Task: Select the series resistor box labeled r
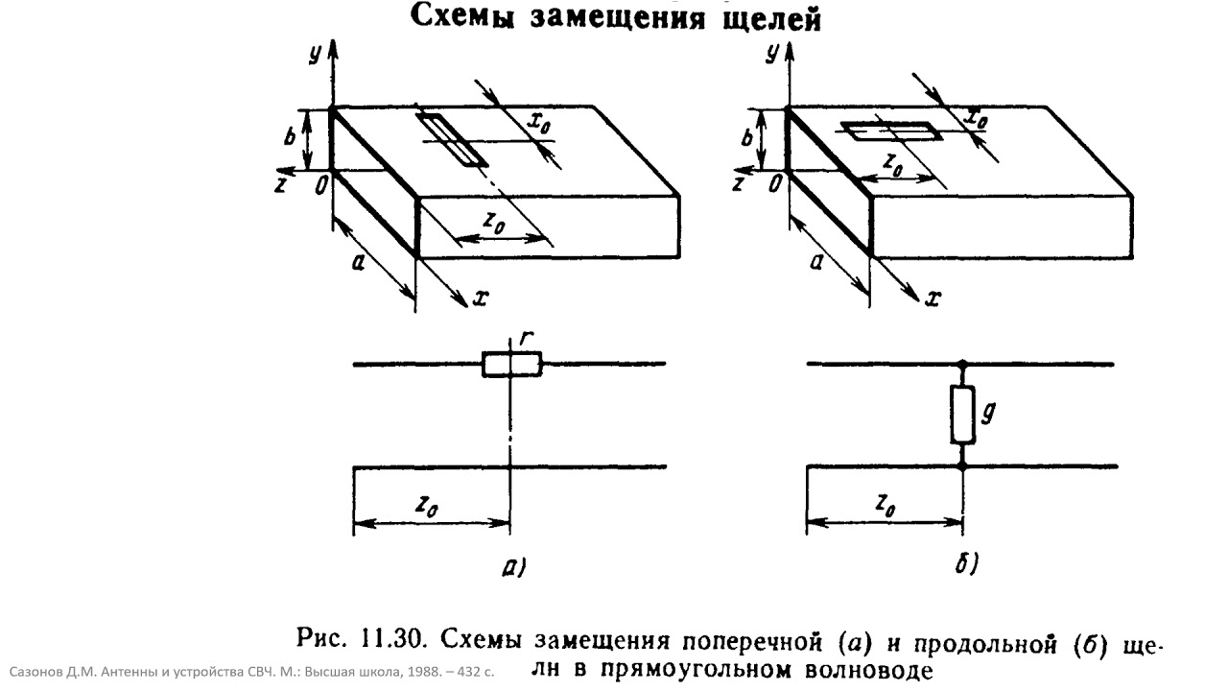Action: point(512,365)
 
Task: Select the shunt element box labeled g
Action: point(962,415)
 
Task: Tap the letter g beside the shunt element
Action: point(987,413)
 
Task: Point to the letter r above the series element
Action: point(526,339)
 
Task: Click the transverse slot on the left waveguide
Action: point(451,139)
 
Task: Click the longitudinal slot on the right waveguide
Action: point(891,131)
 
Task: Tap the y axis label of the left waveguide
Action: point(315,54)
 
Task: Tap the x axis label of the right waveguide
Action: point(933,298)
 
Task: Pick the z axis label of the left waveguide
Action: point(281,185)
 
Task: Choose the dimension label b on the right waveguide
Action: point(746,137)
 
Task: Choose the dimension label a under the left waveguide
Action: point(358,264)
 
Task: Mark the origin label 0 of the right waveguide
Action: point(774,185)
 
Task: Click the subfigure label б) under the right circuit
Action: point(966,563)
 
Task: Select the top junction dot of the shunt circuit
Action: point(962,364)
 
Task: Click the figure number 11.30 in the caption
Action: point(393,639)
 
